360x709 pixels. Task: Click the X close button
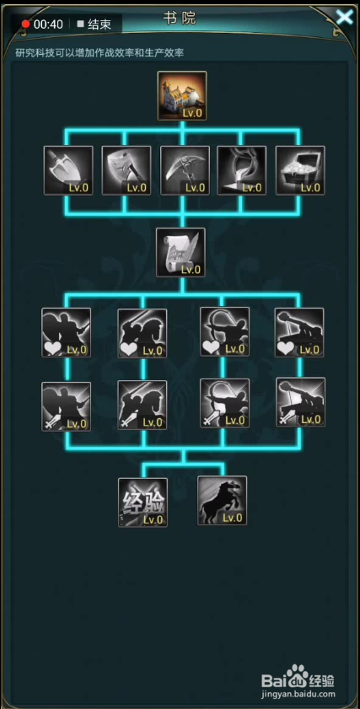344,17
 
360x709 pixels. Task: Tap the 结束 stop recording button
94,24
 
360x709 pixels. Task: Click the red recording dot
26,24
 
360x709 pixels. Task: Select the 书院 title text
180,18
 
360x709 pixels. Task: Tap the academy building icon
182,95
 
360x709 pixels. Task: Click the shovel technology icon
68,170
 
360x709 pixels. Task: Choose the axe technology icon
126,170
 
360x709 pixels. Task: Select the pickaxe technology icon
185,170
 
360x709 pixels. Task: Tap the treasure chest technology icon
300,170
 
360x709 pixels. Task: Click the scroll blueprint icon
180,252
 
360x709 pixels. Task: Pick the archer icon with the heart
225,331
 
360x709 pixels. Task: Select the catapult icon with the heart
299,332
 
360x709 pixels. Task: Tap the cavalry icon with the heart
142,333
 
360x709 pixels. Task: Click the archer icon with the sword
225,403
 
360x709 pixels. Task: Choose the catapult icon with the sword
301,402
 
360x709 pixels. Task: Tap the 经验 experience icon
143,502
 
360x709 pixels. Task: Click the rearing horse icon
222,501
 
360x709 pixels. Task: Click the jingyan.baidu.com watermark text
299,694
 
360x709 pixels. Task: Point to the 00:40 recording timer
48,24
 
